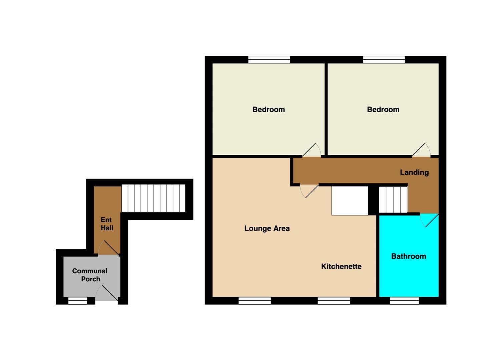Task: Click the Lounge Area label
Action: (267, 229)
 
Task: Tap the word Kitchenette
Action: (341, 266)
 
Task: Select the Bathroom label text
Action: (409, 256)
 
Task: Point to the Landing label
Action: (414, 172)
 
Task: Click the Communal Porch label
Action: (90, 275)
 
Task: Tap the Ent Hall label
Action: (107, 224)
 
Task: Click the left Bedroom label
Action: (269, 110)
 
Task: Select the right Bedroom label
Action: (383, 110)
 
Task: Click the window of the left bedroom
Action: (269, 60)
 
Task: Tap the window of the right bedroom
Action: (384, 60)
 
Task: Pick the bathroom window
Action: (404, 301)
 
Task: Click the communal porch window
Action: (77, 301)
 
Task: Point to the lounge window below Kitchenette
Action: (334, 301)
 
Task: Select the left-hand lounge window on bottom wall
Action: (255, 301)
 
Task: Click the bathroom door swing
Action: (429, 220)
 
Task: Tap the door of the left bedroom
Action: (312, 150)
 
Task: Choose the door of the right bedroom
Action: (421, 150)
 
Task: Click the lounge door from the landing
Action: (309, 191)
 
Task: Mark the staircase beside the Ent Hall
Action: (153, 198)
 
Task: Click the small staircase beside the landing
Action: (393, 200)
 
